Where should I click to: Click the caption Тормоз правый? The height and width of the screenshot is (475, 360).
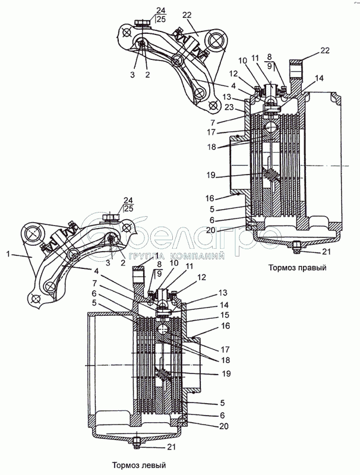(x=297, y=268)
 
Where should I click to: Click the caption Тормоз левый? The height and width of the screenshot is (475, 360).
(x=139, y=465)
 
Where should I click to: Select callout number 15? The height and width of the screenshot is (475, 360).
(x=224, y=315)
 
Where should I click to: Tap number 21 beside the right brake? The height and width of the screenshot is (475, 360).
(x=326, y=251)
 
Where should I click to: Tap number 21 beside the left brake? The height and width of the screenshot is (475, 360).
(x=171, y=446)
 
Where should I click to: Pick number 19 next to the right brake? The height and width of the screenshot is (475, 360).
(x=211, y=175)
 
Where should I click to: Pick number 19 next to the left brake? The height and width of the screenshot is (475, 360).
(x=226, y=373)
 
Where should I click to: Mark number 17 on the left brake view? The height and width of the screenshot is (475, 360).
(x=225, y=349)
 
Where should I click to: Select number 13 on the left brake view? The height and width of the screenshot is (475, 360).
(x=223, y=293)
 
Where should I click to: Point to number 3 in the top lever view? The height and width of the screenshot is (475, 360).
(x=132, y=75)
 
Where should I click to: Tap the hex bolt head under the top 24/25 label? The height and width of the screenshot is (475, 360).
(x=141, y=23)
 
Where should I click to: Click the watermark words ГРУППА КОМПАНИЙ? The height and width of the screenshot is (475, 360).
(x=176, y=256)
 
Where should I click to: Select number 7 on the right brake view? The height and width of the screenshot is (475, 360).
(x=213, y=122)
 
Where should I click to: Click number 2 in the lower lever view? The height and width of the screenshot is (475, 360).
(x=123, y=262)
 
